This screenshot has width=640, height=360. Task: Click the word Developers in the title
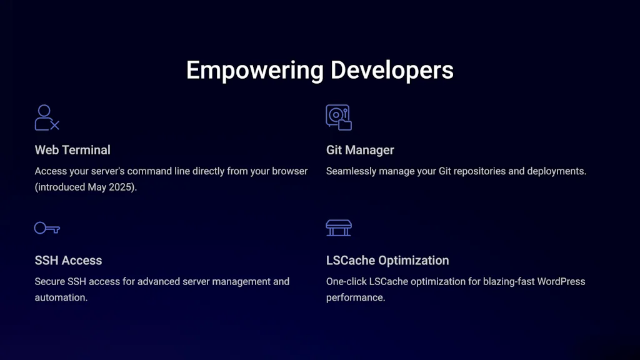click(392, 70)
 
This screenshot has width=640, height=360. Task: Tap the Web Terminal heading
click(72, 150)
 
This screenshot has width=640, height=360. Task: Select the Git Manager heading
click(360, 150)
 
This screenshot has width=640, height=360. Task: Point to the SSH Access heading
click(68, 261)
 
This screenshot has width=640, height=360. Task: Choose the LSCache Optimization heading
click(387, 261)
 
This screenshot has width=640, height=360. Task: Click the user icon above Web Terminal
click(46, 117)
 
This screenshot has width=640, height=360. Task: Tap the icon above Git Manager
click(338, 117)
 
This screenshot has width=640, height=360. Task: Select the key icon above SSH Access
click(47, 228)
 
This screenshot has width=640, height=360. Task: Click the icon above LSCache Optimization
click(339, 228)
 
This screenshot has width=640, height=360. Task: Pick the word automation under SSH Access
click(61, 297)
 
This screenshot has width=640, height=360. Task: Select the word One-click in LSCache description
click(346, 281)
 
